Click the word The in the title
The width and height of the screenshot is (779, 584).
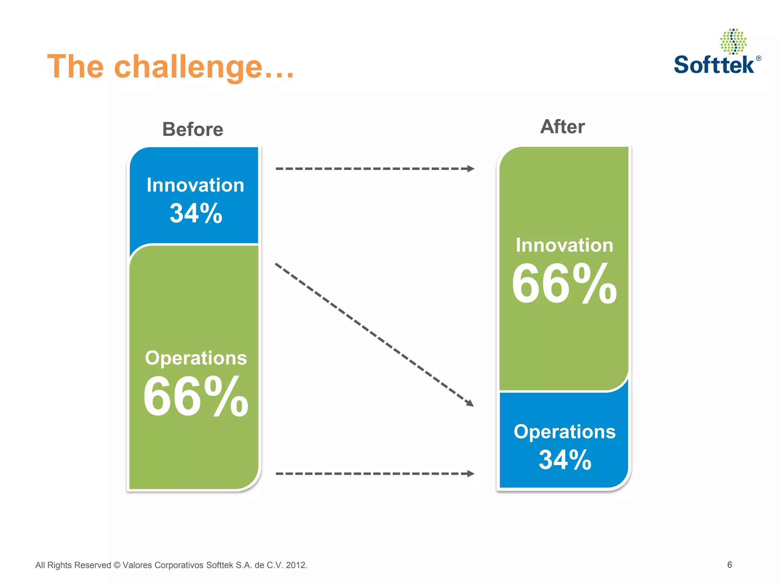click(x=75, y=67)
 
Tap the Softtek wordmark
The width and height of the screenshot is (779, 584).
click(x=714, y=65)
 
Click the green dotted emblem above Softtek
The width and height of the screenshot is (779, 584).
click(x=733, y=41)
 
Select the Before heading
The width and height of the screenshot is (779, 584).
click(x=192, y=129)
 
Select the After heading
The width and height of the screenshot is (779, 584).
click(x=562, y=127)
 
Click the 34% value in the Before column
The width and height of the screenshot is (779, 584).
click(x=196, y=213)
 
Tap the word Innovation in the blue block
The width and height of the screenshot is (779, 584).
click(x=195, y=185)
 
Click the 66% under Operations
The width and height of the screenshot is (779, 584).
click(x=196, y=397)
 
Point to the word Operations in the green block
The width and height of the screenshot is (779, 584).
click(x=196, y=358)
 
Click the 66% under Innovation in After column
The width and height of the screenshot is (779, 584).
click(x=564, y=284)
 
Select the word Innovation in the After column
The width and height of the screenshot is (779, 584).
click(x=564, y=245)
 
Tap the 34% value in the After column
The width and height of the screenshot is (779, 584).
click(x=565, y=460)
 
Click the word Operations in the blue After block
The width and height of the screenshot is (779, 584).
click(x=564, y=432)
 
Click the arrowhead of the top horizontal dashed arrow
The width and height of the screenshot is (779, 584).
click(x=471, y=168)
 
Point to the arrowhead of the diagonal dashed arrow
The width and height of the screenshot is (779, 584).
click(x=470, y=403)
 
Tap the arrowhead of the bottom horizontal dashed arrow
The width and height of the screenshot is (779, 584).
click(x=471, y=473)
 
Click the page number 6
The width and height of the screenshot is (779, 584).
click(x=729, y=565)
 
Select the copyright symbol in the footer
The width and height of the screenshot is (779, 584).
click(x=117, y=565)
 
